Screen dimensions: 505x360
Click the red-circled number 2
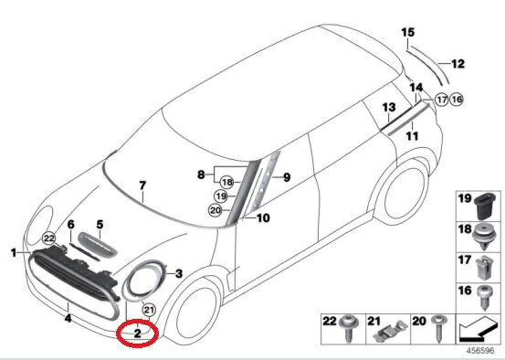coord(137,334)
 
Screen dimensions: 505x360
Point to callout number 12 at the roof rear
coord(458,64)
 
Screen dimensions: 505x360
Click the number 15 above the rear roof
coord(408,33)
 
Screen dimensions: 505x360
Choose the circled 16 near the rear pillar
coord(457,99)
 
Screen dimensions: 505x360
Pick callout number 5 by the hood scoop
coord(100,223)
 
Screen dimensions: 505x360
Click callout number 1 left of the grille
coord(13,251)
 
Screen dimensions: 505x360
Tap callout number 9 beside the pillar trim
coord(285,176)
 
